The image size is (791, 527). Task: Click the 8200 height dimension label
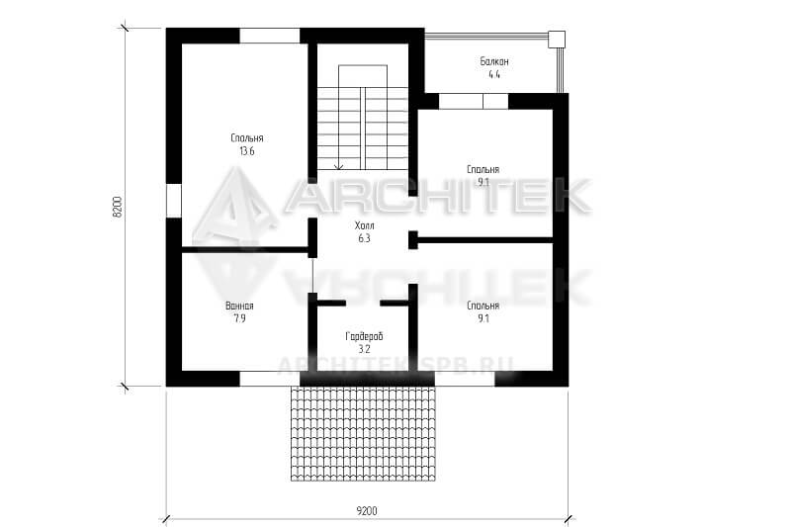click(x=117, y=207)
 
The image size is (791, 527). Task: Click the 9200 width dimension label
click(x=367, y=511)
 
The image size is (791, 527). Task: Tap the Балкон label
click(x=493, y=61)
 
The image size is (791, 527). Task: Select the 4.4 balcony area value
click(x=493, y=74)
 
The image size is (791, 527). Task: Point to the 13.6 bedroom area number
click(x=246, y=151)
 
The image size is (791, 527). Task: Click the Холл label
click(x=364, y=225)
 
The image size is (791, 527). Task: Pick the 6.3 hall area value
click(x=364, y=238)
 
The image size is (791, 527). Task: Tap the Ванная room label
click(x=239, y=306)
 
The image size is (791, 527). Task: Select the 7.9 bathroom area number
click(x=239, y=318)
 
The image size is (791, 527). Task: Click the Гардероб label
click(x=364, y=336)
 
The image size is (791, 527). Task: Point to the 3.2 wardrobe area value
click(x=364, y=349)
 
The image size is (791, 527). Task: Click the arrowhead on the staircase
click(x=339, y=166)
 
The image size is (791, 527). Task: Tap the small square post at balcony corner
click(x=557, y=39)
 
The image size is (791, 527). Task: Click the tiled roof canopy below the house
click(x=363, y=433)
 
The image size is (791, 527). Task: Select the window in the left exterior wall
click(x=174, y=202)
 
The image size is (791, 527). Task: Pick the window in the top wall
click(x=270, y=36)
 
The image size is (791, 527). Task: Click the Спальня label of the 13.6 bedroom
click(x=246, y=138)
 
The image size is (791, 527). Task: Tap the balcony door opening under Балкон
click(x=474, y=102)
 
